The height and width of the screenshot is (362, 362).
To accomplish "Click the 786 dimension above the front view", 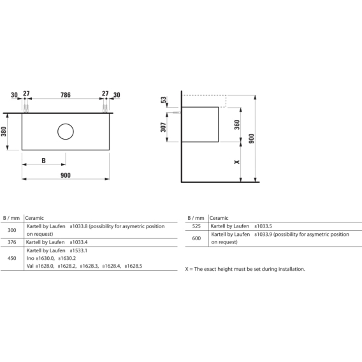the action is (66, 95).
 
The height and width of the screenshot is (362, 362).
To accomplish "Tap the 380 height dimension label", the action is (4, 131).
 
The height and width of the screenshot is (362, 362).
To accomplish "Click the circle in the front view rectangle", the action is (66, 131).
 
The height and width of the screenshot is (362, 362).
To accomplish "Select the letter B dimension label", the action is (43, 161).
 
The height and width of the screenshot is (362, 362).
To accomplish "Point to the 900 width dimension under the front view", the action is (66, 175).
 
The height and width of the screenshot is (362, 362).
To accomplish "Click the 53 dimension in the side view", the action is (163, 100).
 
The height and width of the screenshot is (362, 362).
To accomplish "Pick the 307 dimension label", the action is (163, 127).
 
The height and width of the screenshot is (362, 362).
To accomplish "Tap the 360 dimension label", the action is (237, 125).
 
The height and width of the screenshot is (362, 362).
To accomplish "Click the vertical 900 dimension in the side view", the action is (251, 138).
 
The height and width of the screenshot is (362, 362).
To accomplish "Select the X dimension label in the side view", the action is (237, 162).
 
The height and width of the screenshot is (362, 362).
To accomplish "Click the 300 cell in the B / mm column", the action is (11, 230).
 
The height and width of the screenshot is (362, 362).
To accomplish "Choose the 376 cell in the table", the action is (11, 242).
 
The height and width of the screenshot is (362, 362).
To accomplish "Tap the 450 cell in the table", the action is (11, 258).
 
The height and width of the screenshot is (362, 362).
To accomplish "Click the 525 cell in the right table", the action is (196, 226).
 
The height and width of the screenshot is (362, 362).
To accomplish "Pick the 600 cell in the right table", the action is (196, 238).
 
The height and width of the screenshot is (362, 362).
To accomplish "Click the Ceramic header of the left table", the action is (34, 218).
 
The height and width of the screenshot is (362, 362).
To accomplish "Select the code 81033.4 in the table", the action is (79, 242).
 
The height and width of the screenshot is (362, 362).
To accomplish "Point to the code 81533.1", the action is (79, 250).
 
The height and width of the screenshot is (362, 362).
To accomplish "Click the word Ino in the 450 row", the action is (30, 258).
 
